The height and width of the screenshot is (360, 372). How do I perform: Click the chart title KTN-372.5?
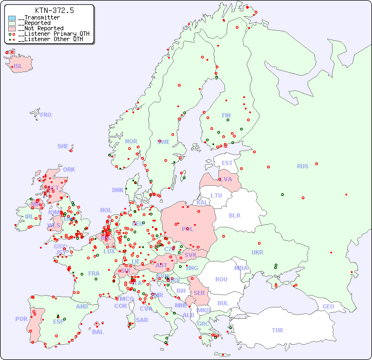click(x=54, y=10)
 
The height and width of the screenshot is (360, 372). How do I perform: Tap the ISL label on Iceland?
click(x=18, y=67)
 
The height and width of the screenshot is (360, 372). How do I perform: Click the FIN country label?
click(x=226, y=115)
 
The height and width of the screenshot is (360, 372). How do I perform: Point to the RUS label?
click(x=302, y=166)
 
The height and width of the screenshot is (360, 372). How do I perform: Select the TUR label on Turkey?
click(x=277, y=330)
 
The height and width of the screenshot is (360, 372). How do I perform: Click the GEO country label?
click(x=328, y=306)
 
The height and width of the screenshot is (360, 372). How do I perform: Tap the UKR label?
click(x=257, y=252)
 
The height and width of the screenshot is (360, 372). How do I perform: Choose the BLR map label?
click(x=235, y=215)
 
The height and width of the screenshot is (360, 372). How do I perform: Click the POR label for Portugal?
click(x=21, y=319)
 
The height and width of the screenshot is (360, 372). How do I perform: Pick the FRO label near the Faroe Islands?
click(x=45, y=115)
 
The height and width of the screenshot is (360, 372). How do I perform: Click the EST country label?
click(x=227, y=163)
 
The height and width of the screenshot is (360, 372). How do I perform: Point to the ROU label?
click(x=221, y=279)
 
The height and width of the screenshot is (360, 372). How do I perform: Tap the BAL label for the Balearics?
click(x=98, y=332)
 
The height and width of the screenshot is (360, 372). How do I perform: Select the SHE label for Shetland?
click(x=63, y=146)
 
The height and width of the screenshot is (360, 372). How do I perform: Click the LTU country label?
click(x=216, y=195)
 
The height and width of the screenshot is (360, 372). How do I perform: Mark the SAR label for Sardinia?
click(x=142, y=320)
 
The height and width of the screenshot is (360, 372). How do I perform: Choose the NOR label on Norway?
click(x=131, y=141)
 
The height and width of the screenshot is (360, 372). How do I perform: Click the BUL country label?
click(x=223, y=303)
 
